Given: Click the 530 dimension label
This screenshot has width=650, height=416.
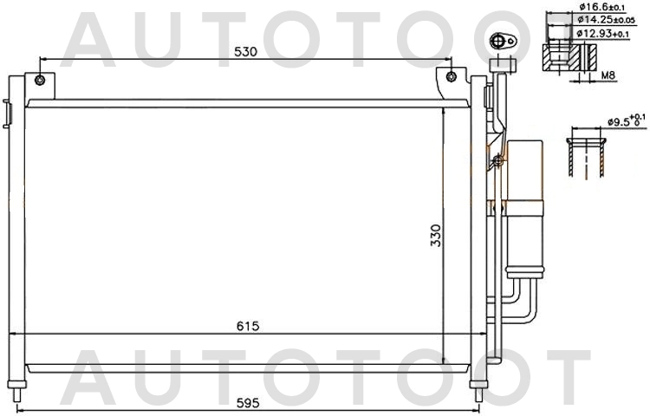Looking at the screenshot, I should click(245, 52).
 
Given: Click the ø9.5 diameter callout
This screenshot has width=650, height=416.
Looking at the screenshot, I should click(623, 120).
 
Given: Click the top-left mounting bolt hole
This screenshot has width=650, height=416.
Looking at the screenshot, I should click(40, 81).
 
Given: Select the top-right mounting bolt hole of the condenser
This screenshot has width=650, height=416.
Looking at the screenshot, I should click(451, 77).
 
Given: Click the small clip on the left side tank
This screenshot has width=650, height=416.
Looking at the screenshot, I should click(7, 113).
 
